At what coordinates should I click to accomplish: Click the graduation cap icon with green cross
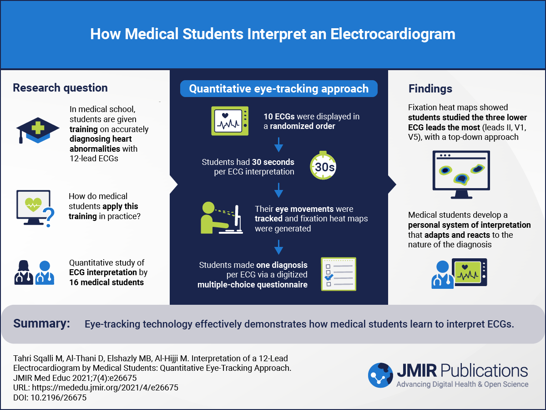(x=37, y=130)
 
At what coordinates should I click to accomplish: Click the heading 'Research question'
(x=60, y=88)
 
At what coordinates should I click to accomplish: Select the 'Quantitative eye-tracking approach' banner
(x=278, y=88)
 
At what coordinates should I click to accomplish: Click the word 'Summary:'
(x=41, y=324)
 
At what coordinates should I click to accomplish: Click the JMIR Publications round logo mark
(x=380, y=375)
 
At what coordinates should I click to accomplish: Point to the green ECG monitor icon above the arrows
(x=230, y=121)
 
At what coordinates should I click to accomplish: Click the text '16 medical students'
(x=106, y=282)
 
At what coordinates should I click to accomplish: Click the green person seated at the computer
(x=212, y=219)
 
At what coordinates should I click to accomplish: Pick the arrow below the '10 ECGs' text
(x=279, y=147)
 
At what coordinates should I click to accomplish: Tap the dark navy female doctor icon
(x=24, y=273)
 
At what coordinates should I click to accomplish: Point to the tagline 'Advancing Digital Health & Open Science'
(x=462, y=384)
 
